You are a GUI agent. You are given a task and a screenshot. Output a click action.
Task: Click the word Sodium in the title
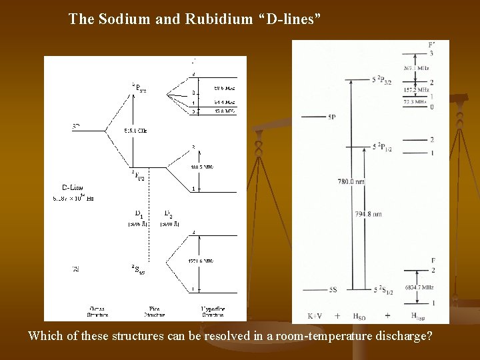[124, 19]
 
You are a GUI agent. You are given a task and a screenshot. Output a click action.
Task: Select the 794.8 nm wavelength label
[369, 215]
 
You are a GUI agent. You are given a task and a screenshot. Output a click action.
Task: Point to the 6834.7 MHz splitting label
[419, 287]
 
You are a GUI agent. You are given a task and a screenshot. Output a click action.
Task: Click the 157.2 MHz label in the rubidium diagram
[416, 89]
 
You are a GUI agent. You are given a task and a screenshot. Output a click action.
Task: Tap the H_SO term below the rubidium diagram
[358, 315]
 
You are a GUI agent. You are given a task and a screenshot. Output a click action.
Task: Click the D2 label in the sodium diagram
[170, 214]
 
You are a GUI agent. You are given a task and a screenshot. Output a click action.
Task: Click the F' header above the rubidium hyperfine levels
[431, 45]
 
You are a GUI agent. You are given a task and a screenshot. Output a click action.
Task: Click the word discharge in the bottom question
[400, 335]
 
